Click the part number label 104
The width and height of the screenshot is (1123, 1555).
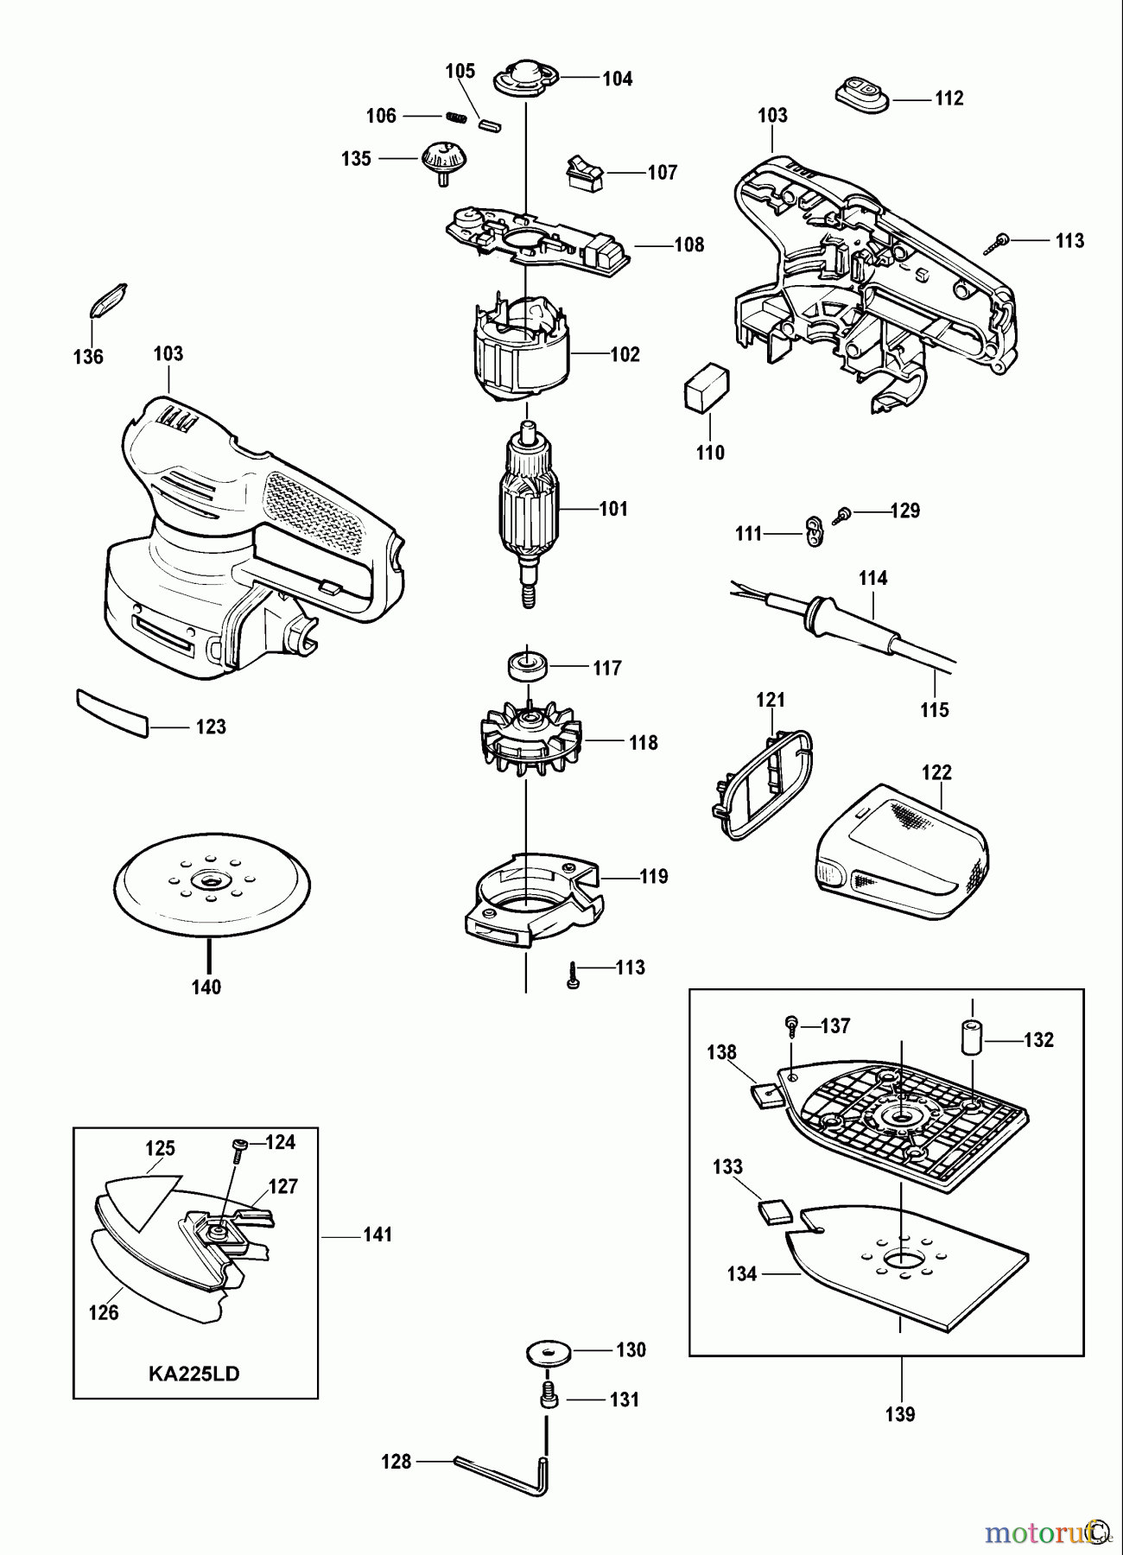(617, 79)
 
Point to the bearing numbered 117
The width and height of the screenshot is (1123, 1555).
(527, 666)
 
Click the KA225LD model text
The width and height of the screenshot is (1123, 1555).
(194, 1374)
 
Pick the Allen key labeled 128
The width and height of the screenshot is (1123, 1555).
(510, 1471)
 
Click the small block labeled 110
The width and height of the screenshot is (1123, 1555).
(707, 387)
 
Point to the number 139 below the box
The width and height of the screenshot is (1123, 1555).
(900, 1414)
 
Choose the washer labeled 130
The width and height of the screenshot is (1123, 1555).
(548, 1352)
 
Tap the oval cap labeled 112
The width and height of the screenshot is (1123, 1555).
(862, 93)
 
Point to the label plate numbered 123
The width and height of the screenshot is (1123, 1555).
(112, 713)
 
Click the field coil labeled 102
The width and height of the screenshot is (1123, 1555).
(523, 350)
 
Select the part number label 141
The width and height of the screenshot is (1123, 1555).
(378, 1235)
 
